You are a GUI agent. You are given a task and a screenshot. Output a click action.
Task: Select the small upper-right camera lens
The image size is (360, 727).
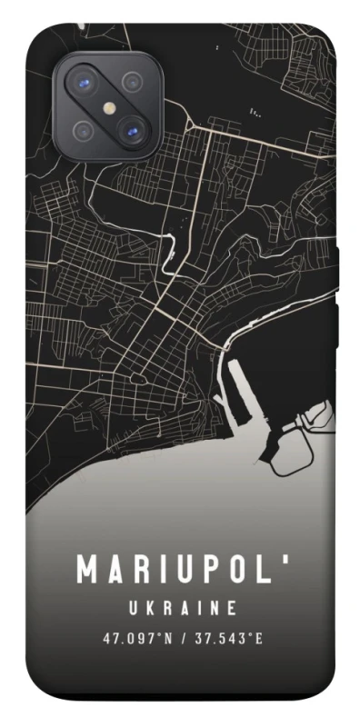coord(133,80)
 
